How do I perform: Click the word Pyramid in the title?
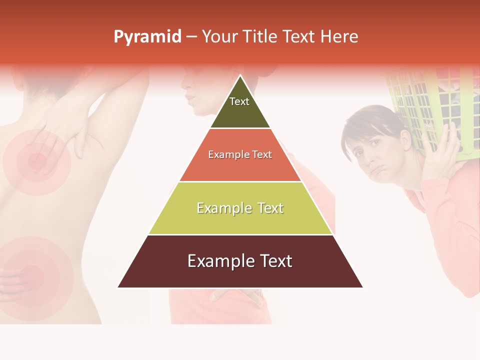[x=147, y=37]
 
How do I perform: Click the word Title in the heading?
[x=260, y=37]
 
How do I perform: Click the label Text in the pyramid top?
[x=239, y=101]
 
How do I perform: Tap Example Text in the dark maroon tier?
[x=240, y=261]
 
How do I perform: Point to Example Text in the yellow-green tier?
[x=240, y=208]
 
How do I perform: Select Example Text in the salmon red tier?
[x=240, y=154]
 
